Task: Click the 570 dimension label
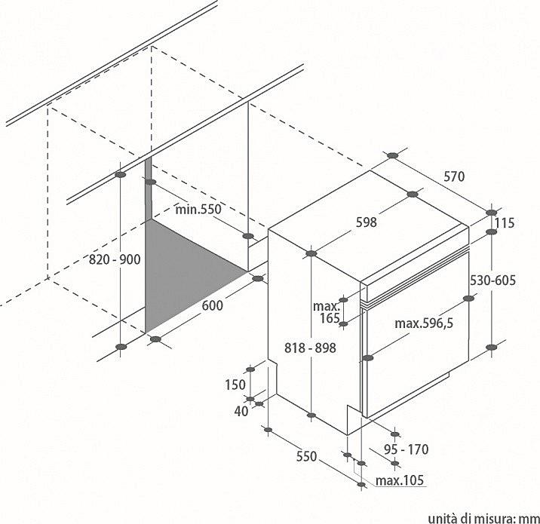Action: click(454, 176)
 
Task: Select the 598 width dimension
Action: click(366, 222)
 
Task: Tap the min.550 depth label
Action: click(198, 209)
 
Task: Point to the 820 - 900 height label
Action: click(115, 259)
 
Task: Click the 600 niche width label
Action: click(212, 305)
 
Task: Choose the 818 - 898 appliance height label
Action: click(310, 348)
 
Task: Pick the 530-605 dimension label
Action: click(492, 280)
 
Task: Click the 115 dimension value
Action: click(505, 223)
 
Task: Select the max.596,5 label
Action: click(424, 323)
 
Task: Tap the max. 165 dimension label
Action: click(327, 312)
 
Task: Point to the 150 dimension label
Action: click(235, 385)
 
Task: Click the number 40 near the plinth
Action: click(241, 411)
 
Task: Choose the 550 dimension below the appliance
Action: click(306, 456)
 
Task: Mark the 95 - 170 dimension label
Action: click(407, 449)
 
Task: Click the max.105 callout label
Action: click(400, 480)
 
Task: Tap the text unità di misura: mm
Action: click(484, 519)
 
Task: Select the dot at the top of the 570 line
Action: click(392, 155)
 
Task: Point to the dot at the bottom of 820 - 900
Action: click(121, 347)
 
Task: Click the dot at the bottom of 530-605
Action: click(492, 347)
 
